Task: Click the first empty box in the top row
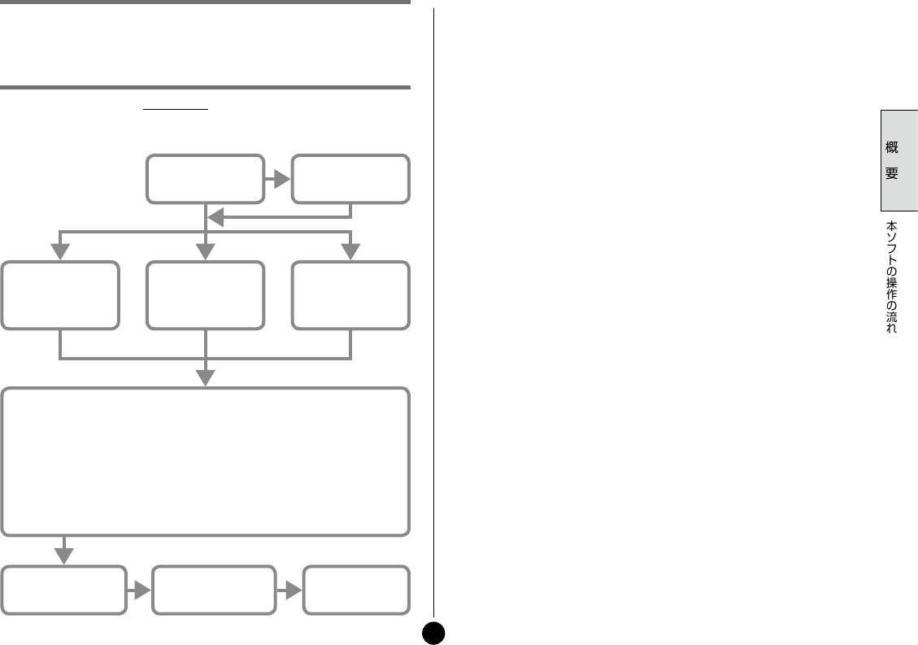click(x=205, y=178)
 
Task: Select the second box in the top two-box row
click(x=350, y=178)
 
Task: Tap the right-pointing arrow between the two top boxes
click(x=279, y=179)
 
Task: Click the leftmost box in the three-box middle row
click(x=60, y=295)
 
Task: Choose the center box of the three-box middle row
click(x=205, y=295)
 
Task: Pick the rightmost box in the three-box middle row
click(x=350, y=295)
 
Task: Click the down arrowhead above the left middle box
click(x=60, y=251)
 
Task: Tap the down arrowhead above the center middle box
click(x=206, y=251)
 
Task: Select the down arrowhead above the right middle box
click(x=350, y=251)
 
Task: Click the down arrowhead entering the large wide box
click(x=206, y=377)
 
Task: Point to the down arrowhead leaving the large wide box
click(x=63, y=555)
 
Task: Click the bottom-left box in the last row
click(x=63, y=591)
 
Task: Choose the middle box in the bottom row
click(x=214, y=591)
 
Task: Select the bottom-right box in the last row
click(x=355, y=591)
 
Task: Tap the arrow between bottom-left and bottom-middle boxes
click(x=141, y=591)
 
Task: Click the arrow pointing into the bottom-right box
click(x=291, y=591)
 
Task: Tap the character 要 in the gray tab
click(x=892, y=174)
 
